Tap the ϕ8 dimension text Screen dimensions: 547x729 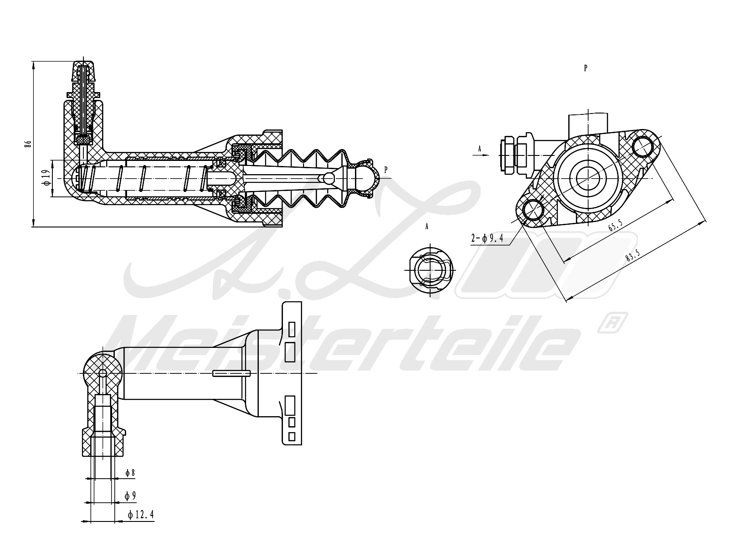(131, 473)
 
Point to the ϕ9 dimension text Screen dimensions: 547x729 (131, 495)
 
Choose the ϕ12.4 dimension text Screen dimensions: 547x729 (141, 515)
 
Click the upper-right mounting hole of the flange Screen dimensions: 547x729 (643, 145)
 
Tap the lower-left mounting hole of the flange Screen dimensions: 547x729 (533, 210)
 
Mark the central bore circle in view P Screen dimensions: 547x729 (589, 177)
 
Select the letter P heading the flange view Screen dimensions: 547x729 (585, 68)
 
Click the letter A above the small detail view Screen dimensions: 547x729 (427, 227)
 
